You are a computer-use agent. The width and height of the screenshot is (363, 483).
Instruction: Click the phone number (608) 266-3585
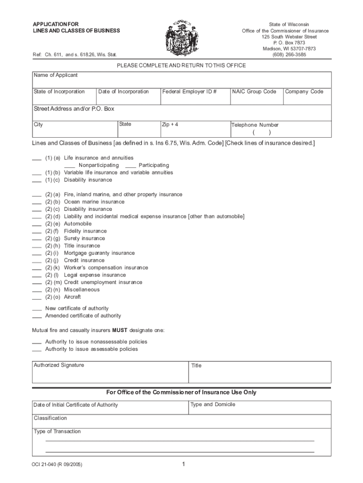(289, 55)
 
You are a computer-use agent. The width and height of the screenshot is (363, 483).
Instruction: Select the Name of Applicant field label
(55, 75)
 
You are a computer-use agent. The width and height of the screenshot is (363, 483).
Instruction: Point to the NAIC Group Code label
(254, 92)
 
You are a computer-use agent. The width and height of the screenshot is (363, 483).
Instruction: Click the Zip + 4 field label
(170, 125)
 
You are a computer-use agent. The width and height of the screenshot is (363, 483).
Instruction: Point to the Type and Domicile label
(213, 404)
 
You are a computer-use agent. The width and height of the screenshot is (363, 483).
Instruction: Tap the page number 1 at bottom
(183, 465)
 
